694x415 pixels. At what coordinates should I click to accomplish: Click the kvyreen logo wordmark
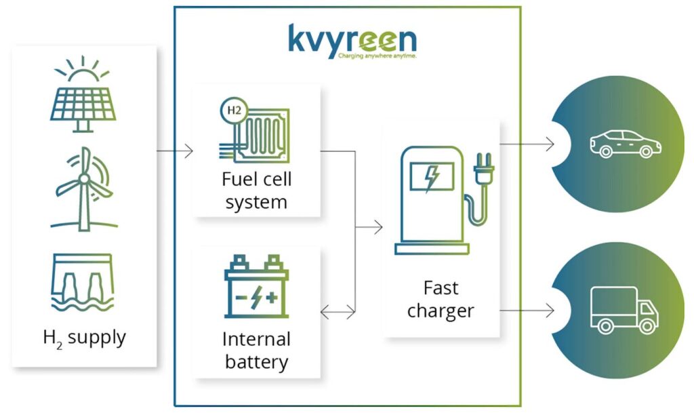(x=352, y=39)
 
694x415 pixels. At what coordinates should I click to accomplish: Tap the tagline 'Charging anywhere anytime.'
(x=376, y=57)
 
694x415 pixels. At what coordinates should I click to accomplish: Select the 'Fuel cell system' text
(x=256, y=191)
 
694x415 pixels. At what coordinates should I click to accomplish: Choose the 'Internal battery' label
(x=256, y=350)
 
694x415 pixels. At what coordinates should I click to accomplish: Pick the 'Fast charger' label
(x=441, y=300)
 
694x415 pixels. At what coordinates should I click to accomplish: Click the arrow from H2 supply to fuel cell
(x=175, y=151)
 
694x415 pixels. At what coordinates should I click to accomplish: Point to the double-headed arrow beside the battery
(x=338, y=312)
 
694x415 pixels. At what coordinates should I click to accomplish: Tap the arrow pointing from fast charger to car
(x=527, y=144)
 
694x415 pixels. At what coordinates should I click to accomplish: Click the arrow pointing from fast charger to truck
(x=527, y=311)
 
